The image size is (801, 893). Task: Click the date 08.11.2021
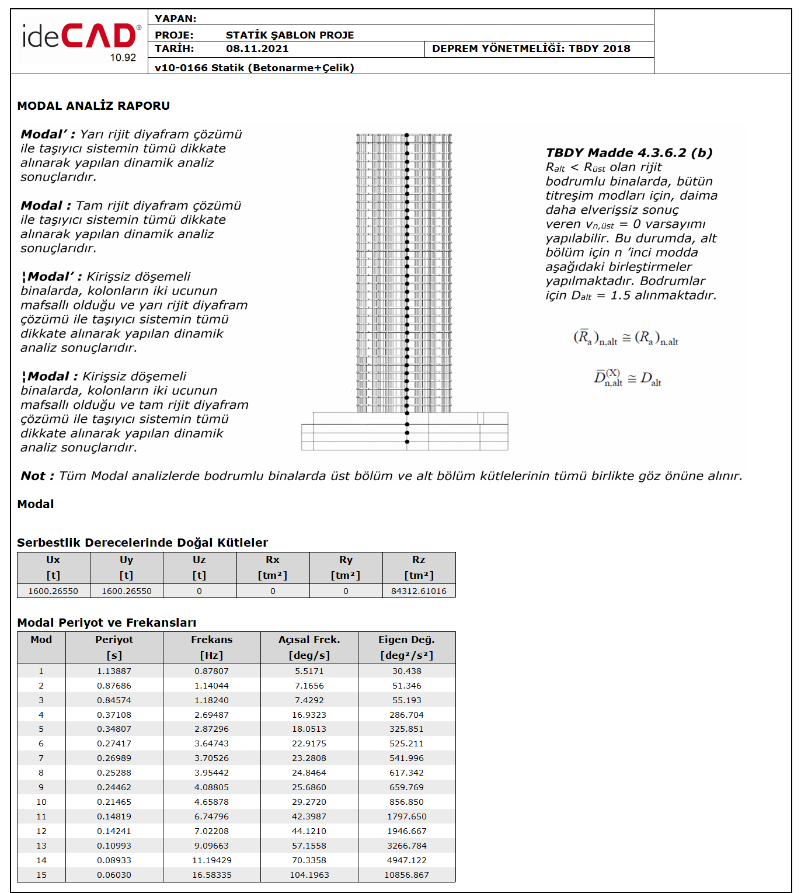(257, 49)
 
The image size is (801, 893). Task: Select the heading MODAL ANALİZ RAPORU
(93, 106)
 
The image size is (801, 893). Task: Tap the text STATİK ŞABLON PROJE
(290, 35)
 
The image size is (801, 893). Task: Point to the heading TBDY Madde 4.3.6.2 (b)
(629, 153)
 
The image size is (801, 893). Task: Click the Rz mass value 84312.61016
(419, 591)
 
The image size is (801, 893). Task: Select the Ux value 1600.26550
(53, 591)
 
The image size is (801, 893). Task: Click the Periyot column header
(114, 640)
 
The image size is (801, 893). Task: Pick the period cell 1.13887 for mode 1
(114, 671)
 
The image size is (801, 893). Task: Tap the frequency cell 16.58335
(212, 875)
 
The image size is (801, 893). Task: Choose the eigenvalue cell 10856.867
(406, 875)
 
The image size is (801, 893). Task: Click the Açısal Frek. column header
(309, 640)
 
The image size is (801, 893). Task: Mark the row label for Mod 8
(41, 773)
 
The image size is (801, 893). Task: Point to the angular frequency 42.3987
(309, 816)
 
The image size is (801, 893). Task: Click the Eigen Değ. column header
(406, 640)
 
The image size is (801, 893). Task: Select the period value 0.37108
(114, 715)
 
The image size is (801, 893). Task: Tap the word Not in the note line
(33, 476)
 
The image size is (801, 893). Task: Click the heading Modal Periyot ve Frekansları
(107, 623)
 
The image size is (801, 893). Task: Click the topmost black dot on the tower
(407, 135)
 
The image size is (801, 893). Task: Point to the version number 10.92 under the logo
(123, 58)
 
